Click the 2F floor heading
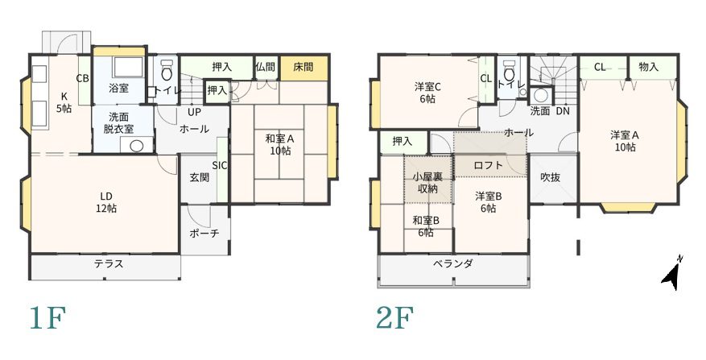[395, 319]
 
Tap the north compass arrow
[671, 273]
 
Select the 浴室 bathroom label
[118, 88]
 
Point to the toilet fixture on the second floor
[509, 69]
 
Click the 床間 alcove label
[303, 67]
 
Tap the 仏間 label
[265, 67]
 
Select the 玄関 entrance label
[200, 177]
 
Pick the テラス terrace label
[108, 263]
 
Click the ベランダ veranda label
[452, 263]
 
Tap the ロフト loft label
[488, 165]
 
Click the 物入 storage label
[648, 67]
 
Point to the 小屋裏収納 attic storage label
[427, 183]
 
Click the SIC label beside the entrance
[219, 165]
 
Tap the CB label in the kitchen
[82, 78]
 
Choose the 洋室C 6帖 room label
[425, 93]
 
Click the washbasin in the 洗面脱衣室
[136, 146]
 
